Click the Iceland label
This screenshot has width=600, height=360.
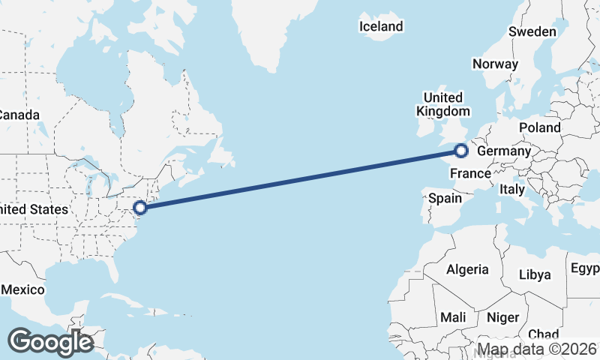point(381,26)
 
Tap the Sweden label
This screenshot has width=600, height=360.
point(532,31)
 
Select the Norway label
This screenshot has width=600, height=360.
point(495,64)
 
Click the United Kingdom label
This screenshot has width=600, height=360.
point(443,104)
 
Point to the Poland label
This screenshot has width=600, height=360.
point(539,127)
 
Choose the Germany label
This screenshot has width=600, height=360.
point(504,151)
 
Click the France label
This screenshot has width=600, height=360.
point(470,174)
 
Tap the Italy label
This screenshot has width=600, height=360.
point(512,190)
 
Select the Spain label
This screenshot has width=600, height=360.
point(445,199)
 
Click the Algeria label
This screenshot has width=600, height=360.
point(467,269)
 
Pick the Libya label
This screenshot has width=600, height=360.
point(535,274)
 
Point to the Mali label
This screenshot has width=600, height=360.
point(453,317)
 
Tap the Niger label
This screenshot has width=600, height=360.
point(502,317)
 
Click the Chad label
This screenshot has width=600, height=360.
point(543,334)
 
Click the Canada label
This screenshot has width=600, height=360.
point(19,115)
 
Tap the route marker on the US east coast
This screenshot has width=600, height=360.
point(139,207)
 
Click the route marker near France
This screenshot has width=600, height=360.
point(460,151)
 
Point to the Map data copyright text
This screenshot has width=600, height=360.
point(537,349)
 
